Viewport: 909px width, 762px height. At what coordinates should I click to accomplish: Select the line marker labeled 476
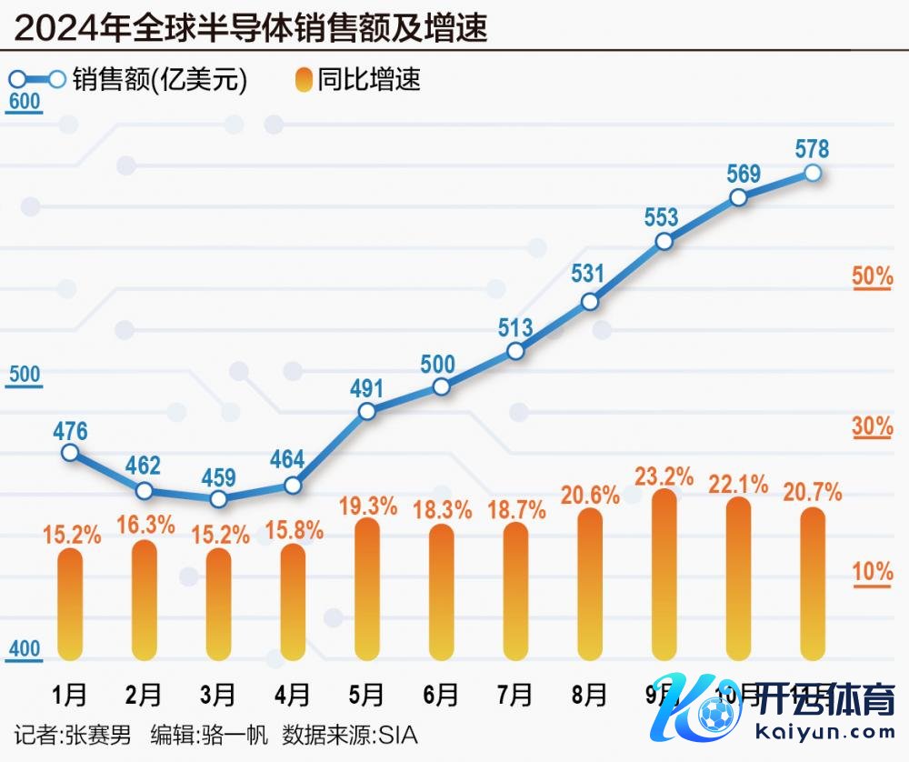coord(70,452)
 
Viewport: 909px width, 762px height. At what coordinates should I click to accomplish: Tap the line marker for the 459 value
coord(218,499)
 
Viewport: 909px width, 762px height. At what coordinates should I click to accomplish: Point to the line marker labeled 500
coord(441,386)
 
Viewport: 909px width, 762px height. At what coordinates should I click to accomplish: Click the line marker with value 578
coord(814,173)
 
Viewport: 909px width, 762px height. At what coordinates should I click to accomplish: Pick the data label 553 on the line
coord(662,217)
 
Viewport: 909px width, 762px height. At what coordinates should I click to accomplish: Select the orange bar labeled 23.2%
coord(664,573)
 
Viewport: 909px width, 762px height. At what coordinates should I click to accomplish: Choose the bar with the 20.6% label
coord(590,583)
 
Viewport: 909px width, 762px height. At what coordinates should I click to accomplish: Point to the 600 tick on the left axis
coord(24,102)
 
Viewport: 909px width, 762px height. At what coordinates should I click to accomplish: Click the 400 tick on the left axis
coord(25,649)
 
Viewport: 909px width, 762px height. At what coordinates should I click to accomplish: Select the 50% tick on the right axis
coord(872,276)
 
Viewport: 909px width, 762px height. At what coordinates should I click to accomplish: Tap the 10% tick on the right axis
coord(872,573)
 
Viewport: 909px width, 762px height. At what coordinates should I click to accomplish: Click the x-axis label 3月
coord(218,696)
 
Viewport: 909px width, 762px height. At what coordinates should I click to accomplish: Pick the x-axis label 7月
coord(515,696)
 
